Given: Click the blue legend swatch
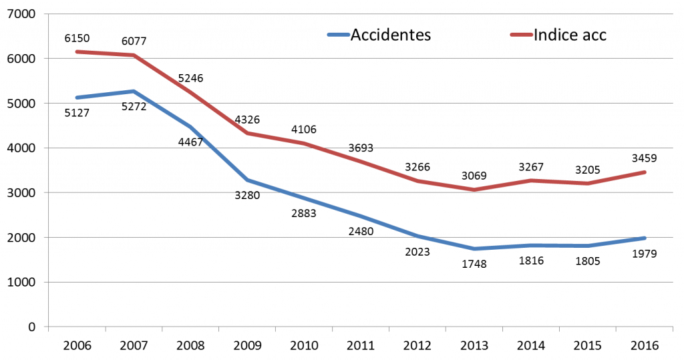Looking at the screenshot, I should pyautogui.click(x=338, y=35).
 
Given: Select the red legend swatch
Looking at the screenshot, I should pyautogui.click(x=522, y=35).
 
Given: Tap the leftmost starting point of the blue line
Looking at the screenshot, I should pyautogui.click(x=77, y=98).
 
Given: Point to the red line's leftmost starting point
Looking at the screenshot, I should pyautogui.click(x=77, y=51).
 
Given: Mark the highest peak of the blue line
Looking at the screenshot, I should pyautogui.click(x=134, y=91).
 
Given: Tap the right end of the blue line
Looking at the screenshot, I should pyautogui.click(x=645, y=238).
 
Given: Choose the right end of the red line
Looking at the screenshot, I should pyautogui.click(x=645, y=172).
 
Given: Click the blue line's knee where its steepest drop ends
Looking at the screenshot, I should pyautogui.click(x=247, y=180).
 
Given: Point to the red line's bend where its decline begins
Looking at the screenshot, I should pyautogui.click(x=134, y=55).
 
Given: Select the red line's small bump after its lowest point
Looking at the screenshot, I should pyautogui.click(x=532, y=180).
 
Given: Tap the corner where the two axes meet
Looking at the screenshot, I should pyautogui.click(x=49, y=327).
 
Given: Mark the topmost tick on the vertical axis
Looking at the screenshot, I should pyautogui.click(x=46, y=14).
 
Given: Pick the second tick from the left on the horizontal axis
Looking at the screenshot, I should pyautogui.click(x=106, y=329).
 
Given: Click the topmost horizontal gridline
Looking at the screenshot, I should pyautogui.click(x=361, y=14).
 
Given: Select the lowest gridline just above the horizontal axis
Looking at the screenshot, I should pyautogui.click(x=361, y=282).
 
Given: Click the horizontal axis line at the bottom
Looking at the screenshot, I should pyautogui.click(x=361, y=327).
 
